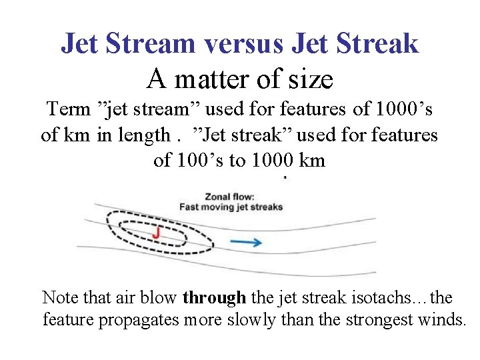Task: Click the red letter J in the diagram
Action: click(156, 233)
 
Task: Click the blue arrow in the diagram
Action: click(250, 242)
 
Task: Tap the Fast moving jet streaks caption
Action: click(231, 207)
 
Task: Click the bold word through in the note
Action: click(210, 297)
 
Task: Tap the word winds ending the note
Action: click(443, 319)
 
